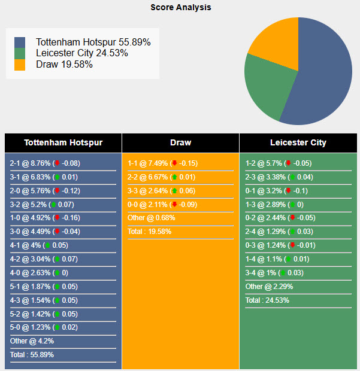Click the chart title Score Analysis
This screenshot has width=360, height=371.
(180, 8)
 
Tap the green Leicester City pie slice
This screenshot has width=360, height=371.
(270, 90)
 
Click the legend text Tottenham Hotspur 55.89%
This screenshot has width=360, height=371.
(93, 42)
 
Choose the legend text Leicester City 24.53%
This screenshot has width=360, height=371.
(81, 53)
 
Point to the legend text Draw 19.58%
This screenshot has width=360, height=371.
(64, 64)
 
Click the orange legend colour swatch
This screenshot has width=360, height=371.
(20, 64)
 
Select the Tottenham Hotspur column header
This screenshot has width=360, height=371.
(63, 142)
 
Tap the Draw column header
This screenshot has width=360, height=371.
(180, 142)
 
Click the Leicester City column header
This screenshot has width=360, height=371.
(298, 142)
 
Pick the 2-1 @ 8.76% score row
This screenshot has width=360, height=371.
(46, 163)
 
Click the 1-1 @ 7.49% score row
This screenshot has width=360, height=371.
(162, 163)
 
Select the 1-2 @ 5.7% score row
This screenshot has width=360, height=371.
(278, 163)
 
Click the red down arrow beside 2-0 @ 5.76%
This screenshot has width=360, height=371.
(57, 191)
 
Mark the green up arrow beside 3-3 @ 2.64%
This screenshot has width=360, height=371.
(174, 191)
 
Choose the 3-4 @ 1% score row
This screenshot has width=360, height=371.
(275, 273)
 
